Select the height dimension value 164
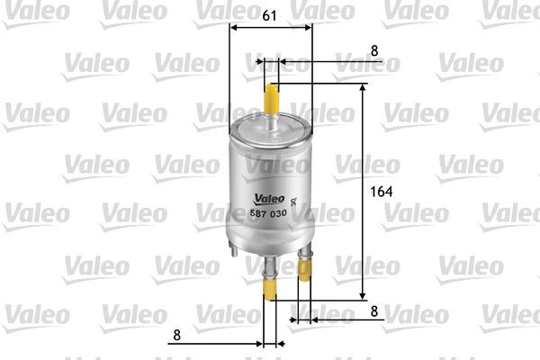click(x=384, y=192)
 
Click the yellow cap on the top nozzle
click(x=272, y=96)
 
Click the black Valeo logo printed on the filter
click(x=268, y=200)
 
